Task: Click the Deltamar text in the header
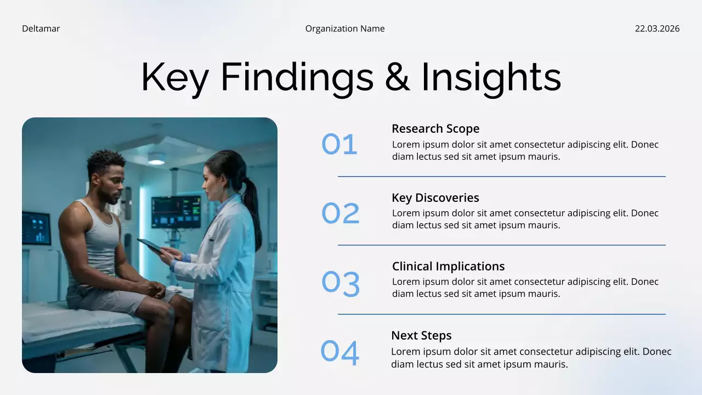pos(41,29)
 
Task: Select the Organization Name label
pos(345,29)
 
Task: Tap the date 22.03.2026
pos(657,29)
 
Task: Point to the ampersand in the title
pos(397,77)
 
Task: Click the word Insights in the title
pos(491,77)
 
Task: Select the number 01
pos(339,144)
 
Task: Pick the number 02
pos(340,213)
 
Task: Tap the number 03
pos(341,283)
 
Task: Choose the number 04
pos(340,352)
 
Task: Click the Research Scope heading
pos(435,128)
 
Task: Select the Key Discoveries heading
pos(435,198)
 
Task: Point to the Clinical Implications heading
pos(448,266)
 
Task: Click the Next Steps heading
pos(421,335)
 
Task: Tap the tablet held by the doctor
pos(150,245)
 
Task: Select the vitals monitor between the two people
pos(175,212)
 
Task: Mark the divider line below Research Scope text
pos(501,177)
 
